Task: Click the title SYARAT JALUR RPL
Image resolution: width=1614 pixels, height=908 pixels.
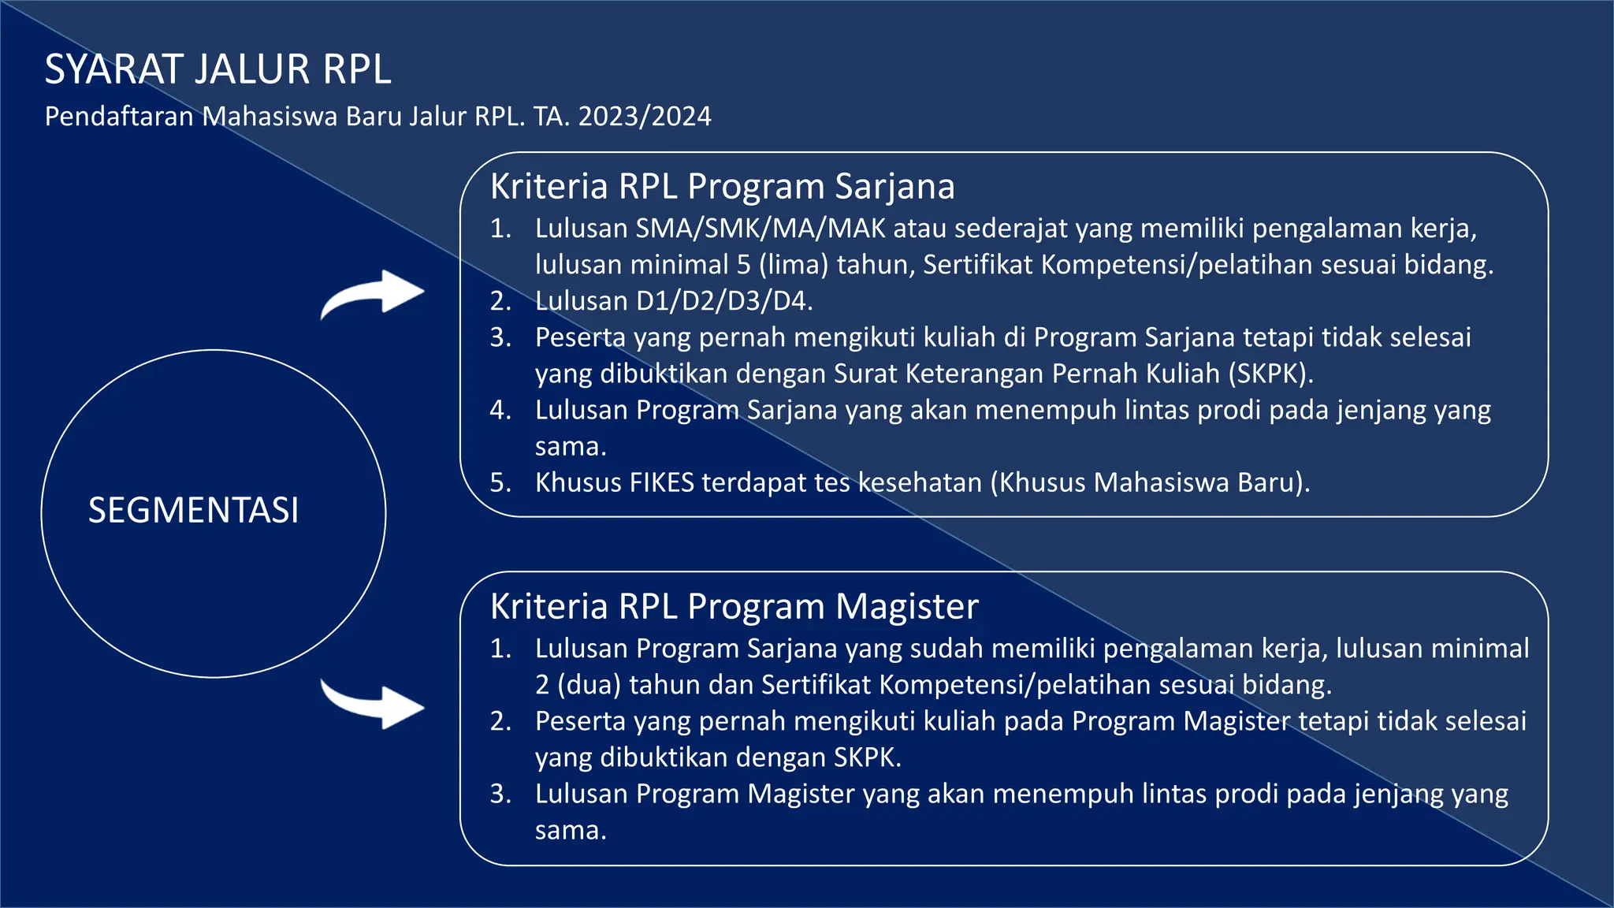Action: point(218,69)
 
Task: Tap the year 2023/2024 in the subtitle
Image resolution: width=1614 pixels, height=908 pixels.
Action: point(645,117)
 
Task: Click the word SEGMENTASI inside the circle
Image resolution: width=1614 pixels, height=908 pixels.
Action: point(193,510)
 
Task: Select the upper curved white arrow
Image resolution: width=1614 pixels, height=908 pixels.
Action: point(374,293)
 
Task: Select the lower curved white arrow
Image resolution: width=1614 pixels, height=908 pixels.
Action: point(374,704)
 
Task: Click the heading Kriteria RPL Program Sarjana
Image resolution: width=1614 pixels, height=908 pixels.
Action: point(722,187)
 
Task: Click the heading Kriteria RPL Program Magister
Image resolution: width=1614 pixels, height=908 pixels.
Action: point(734,606)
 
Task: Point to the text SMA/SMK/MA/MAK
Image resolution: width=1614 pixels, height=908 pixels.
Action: point(761,229)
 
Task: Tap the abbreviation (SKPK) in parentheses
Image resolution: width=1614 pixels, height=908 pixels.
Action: point(1270,374)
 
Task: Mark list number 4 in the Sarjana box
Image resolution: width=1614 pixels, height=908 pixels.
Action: point(500,410)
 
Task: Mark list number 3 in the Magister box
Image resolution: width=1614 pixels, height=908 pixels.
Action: point(500,794)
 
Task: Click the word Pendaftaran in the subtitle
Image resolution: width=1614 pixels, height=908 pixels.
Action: point(119,117)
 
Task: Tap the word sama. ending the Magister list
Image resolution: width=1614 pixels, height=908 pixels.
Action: point(571,830)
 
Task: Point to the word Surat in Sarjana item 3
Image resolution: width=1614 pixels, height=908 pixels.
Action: point(865,374)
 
